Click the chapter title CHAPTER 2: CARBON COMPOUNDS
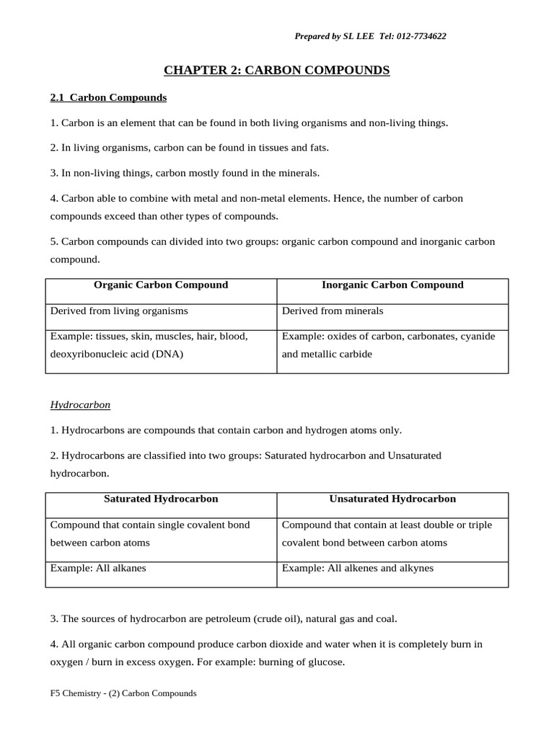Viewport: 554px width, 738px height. point(277,70)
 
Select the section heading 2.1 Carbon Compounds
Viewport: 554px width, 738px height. point(108,97)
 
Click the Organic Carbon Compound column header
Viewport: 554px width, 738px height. point(161,285)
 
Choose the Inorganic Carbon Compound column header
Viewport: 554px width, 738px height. point(392,285)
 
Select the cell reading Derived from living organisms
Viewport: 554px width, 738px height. point(119,311)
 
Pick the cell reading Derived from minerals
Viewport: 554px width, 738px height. point(333,311)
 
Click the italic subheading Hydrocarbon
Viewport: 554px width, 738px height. point(80,405)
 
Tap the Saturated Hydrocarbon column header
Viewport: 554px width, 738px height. point(161,499)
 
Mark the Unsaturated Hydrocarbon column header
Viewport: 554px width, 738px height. point(392,499)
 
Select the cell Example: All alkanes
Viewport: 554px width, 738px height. point(98,568)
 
